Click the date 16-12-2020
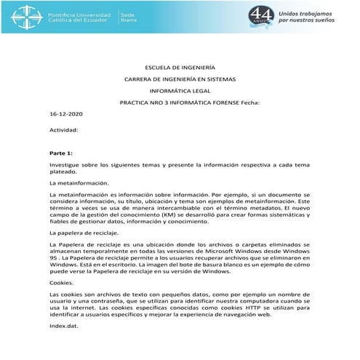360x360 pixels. [66, 115]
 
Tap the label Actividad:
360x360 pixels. [63, 128]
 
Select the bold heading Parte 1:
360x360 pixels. [61, 153]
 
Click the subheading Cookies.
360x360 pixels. [62, 281]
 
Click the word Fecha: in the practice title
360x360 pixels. [249, 103]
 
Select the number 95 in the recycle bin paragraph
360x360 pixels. [53, 257]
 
